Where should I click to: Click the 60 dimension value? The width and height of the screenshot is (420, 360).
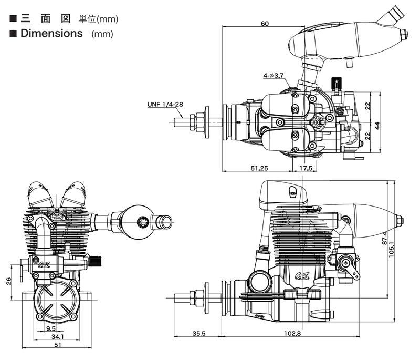tap(265, 24)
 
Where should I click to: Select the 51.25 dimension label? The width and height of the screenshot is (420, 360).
tap(259, 168)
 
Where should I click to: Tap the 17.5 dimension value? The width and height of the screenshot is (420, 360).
tap(306, 168)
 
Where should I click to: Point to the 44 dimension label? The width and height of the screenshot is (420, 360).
tap(377, 126)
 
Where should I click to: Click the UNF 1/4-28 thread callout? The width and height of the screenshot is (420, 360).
tap(165, 104)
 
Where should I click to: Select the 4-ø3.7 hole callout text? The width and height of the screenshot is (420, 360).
tap(273, 76)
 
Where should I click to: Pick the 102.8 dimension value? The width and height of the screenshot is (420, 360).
tap(292, 334)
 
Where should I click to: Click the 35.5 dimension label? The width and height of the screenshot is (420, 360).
tap(199, 334)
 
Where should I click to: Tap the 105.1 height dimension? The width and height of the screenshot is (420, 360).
tap(391, 249)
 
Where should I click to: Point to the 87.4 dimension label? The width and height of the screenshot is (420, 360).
tap(384, 238)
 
